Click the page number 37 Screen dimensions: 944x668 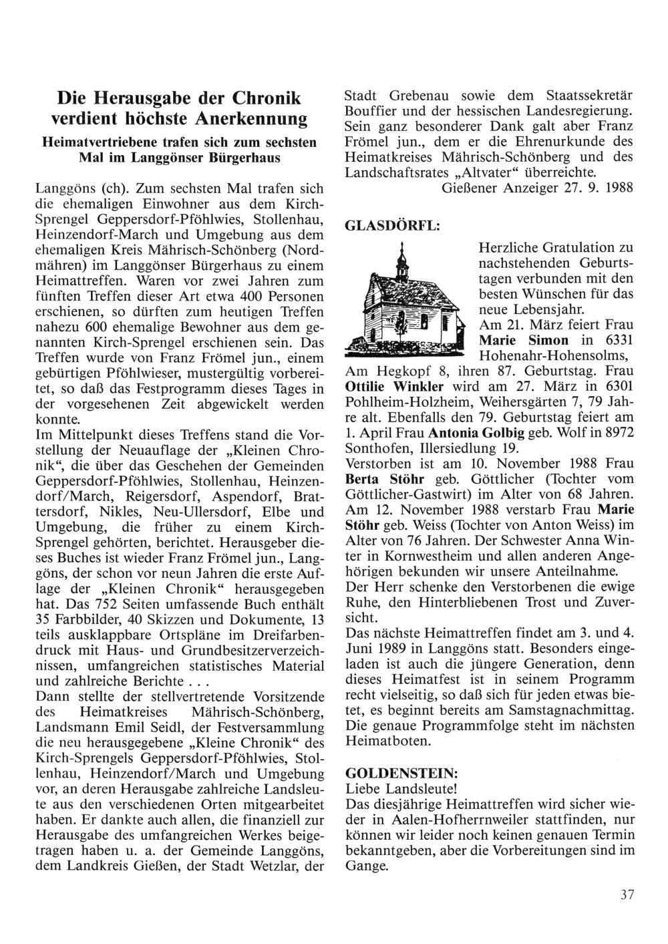pyautogui.click(x=626, y=896)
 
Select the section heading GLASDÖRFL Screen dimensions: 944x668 pyautogui.click(x=391, y=226)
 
